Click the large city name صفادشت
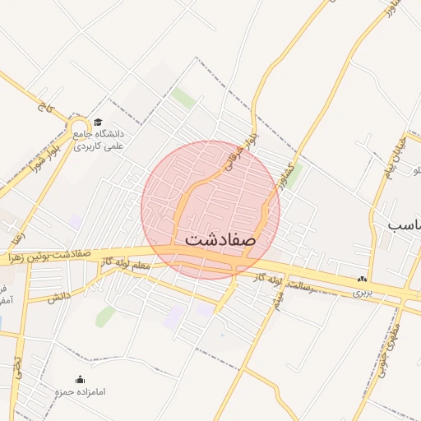click(x=221, y=239)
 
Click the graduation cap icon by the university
click(x=97, y=123)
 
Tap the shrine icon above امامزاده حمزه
click(x=80, y=379)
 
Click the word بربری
click(x=362, y=291)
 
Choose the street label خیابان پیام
click(x=393, y=159)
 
